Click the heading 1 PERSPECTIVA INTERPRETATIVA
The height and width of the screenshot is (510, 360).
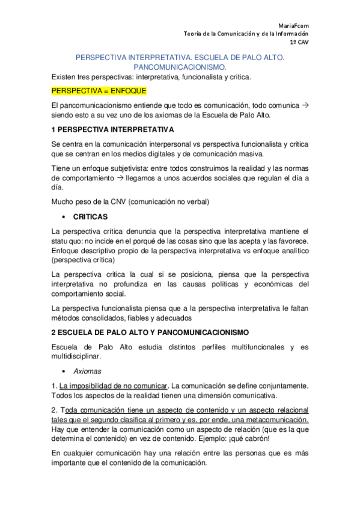tap(113, 129)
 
